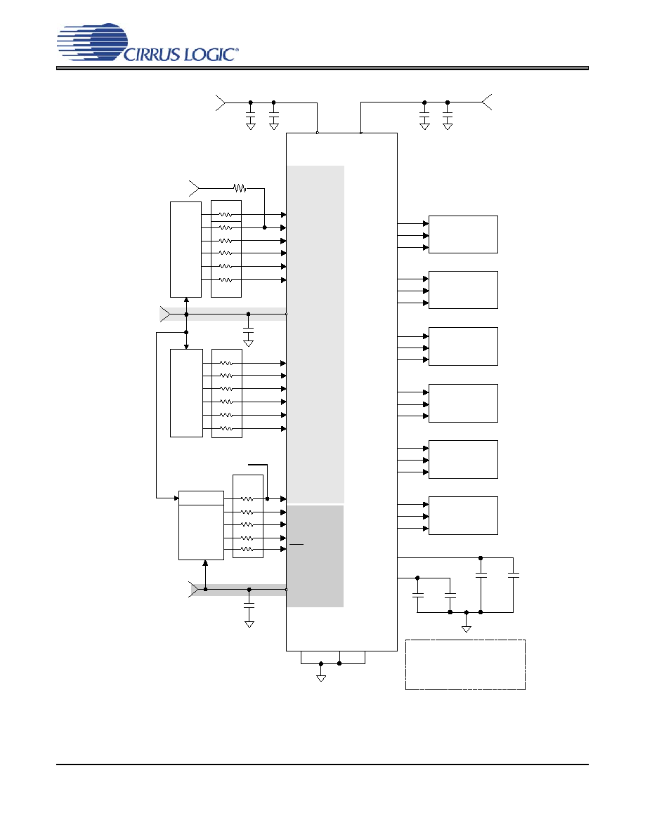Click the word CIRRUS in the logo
[x=152, y=54]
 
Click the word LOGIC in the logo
[x=209, y=54]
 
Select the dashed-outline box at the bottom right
[x=465, y=665]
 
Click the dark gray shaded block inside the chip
[x=315, y=556]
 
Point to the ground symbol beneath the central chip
[x=321, y=677]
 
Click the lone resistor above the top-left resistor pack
[x=240, y=188]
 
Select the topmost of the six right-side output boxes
[x=463, y=234]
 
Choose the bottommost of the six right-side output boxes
[x=463, y=515]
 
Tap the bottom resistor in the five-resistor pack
[x=247, y=549]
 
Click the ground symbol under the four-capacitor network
[x=467, y=629]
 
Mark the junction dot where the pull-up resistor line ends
[x=264, y=227]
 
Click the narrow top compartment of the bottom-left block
[x=201, y=498]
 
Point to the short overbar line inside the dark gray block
[x=297, y=544]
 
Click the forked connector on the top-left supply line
[x=221, y=102]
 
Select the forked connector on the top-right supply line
[x=486, y=102]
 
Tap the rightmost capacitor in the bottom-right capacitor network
[x=514, y=575]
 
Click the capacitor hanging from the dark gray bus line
[x=249, y=605]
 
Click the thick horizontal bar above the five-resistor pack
[x=258, y=464]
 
